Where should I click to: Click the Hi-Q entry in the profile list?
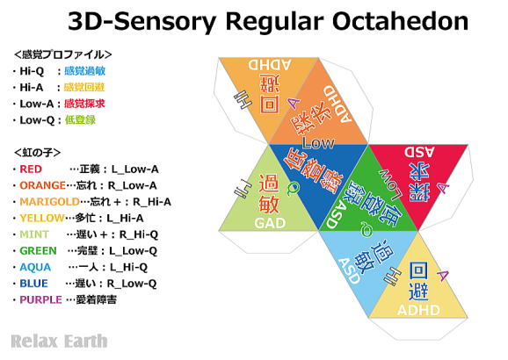(x=32, y=69)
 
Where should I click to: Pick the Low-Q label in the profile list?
(x=35, y=119)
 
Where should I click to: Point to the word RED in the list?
(x=30, y=167)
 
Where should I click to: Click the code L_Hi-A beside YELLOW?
(x=130, y=217)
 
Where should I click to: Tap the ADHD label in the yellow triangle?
(x=418, y=309)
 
